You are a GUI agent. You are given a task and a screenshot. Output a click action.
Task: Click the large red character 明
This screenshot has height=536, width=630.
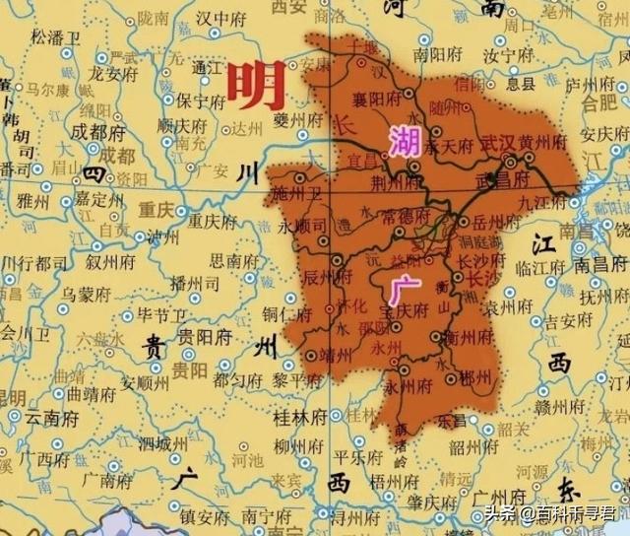tap(256, 86)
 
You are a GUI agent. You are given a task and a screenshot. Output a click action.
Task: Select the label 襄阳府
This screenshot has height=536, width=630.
tap(378, 100)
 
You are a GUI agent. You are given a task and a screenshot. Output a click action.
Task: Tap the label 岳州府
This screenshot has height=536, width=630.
tap(483, 222)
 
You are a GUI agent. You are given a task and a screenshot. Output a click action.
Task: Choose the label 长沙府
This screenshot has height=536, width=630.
tap(478, 260)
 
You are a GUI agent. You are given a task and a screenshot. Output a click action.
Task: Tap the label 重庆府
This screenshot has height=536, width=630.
tap(208, 220)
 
